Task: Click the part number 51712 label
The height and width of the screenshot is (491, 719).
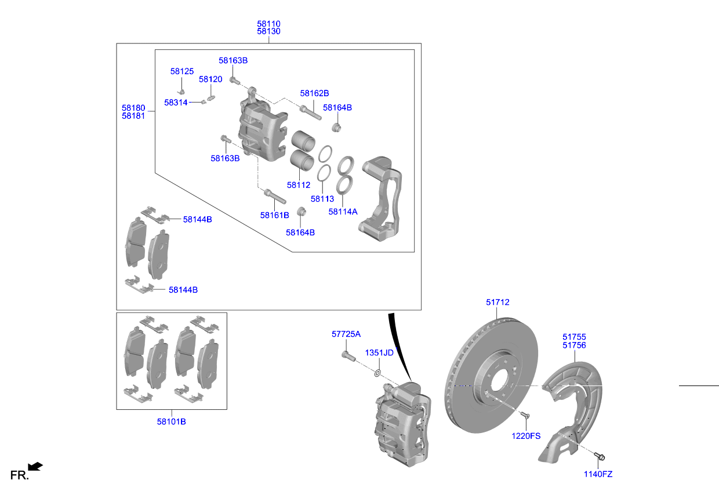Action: pos(498,302)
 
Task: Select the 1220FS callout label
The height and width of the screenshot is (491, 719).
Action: pos(526,436)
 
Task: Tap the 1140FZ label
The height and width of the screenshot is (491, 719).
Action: pos(598,474)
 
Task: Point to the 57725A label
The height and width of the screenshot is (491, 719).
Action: pos(346,334)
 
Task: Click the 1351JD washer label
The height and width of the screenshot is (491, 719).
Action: pos(379,353)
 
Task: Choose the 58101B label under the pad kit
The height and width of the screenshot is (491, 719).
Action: pos(172,421)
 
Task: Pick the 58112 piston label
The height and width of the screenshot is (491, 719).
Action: pos(299,185)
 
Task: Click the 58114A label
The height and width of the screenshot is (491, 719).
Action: pos(343,212)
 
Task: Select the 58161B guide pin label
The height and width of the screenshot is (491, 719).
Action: pos(274,215)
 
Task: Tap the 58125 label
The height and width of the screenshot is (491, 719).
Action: pos(182,71)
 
